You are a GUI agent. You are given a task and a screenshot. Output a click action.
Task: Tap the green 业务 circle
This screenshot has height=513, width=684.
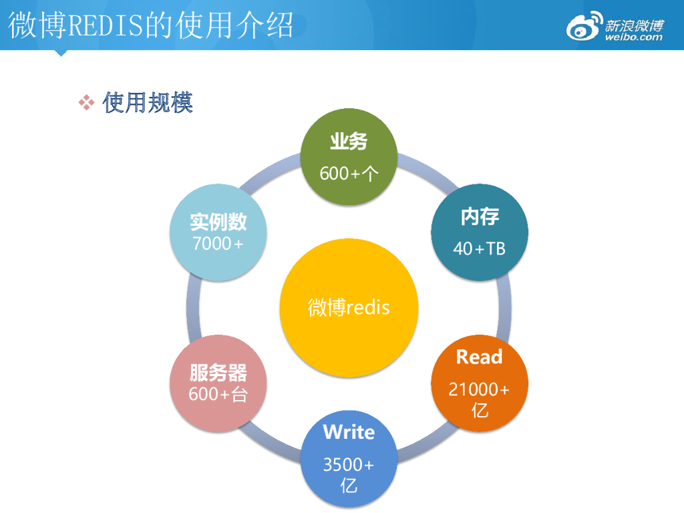(x=349, y=157)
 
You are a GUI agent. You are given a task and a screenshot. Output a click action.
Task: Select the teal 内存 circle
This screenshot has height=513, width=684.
(x=480, y=232)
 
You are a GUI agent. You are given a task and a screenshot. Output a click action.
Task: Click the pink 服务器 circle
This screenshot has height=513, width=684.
(x=218, y=383)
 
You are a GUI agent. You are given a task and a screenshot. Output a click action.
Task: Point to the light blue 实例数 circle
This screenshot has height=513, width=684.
(x=218, y=232)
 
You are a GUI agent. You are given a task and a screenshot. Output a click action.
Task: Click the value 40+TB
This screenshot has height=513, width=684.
(x=480, y=248)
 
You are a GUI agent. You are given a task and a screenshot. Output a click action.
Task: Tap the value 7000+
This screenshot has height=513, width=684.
(x=218, y=244)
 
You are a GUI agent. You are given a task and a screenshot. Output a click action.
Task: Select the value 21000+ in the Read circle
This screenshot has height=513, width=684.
(x=479, y=389)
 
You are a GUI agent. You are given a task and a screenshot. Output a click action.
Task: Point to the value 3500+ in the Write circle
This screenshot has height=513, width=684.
(x=349, y=465)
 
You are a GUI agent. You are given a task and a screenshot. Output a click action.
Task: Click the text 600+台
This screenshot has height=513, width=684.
(x=218, y=394)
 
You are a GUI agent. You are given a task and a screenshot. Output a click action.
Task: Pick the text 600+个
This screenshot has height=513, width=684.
(x=349, y=174)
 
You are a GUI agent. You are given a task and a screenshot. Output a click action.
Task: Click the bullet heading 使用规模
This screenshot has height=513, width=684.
(x=148, y=102)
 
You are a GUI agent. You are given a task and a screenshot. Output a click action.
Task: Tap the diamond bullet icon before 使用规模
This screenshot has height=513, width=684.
(x=87, y=102)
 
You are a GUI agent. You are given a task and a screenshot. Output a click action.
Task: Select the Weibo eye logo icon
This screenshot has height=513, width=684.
(x=584, y=27)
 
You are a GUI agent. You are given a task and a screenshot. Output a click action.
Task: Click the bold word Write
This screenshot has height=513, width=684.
(x=349, y=432)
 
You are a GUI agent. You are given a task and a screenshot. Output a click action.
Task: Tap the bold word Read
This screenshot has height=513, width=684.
(x=479, y=357)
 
